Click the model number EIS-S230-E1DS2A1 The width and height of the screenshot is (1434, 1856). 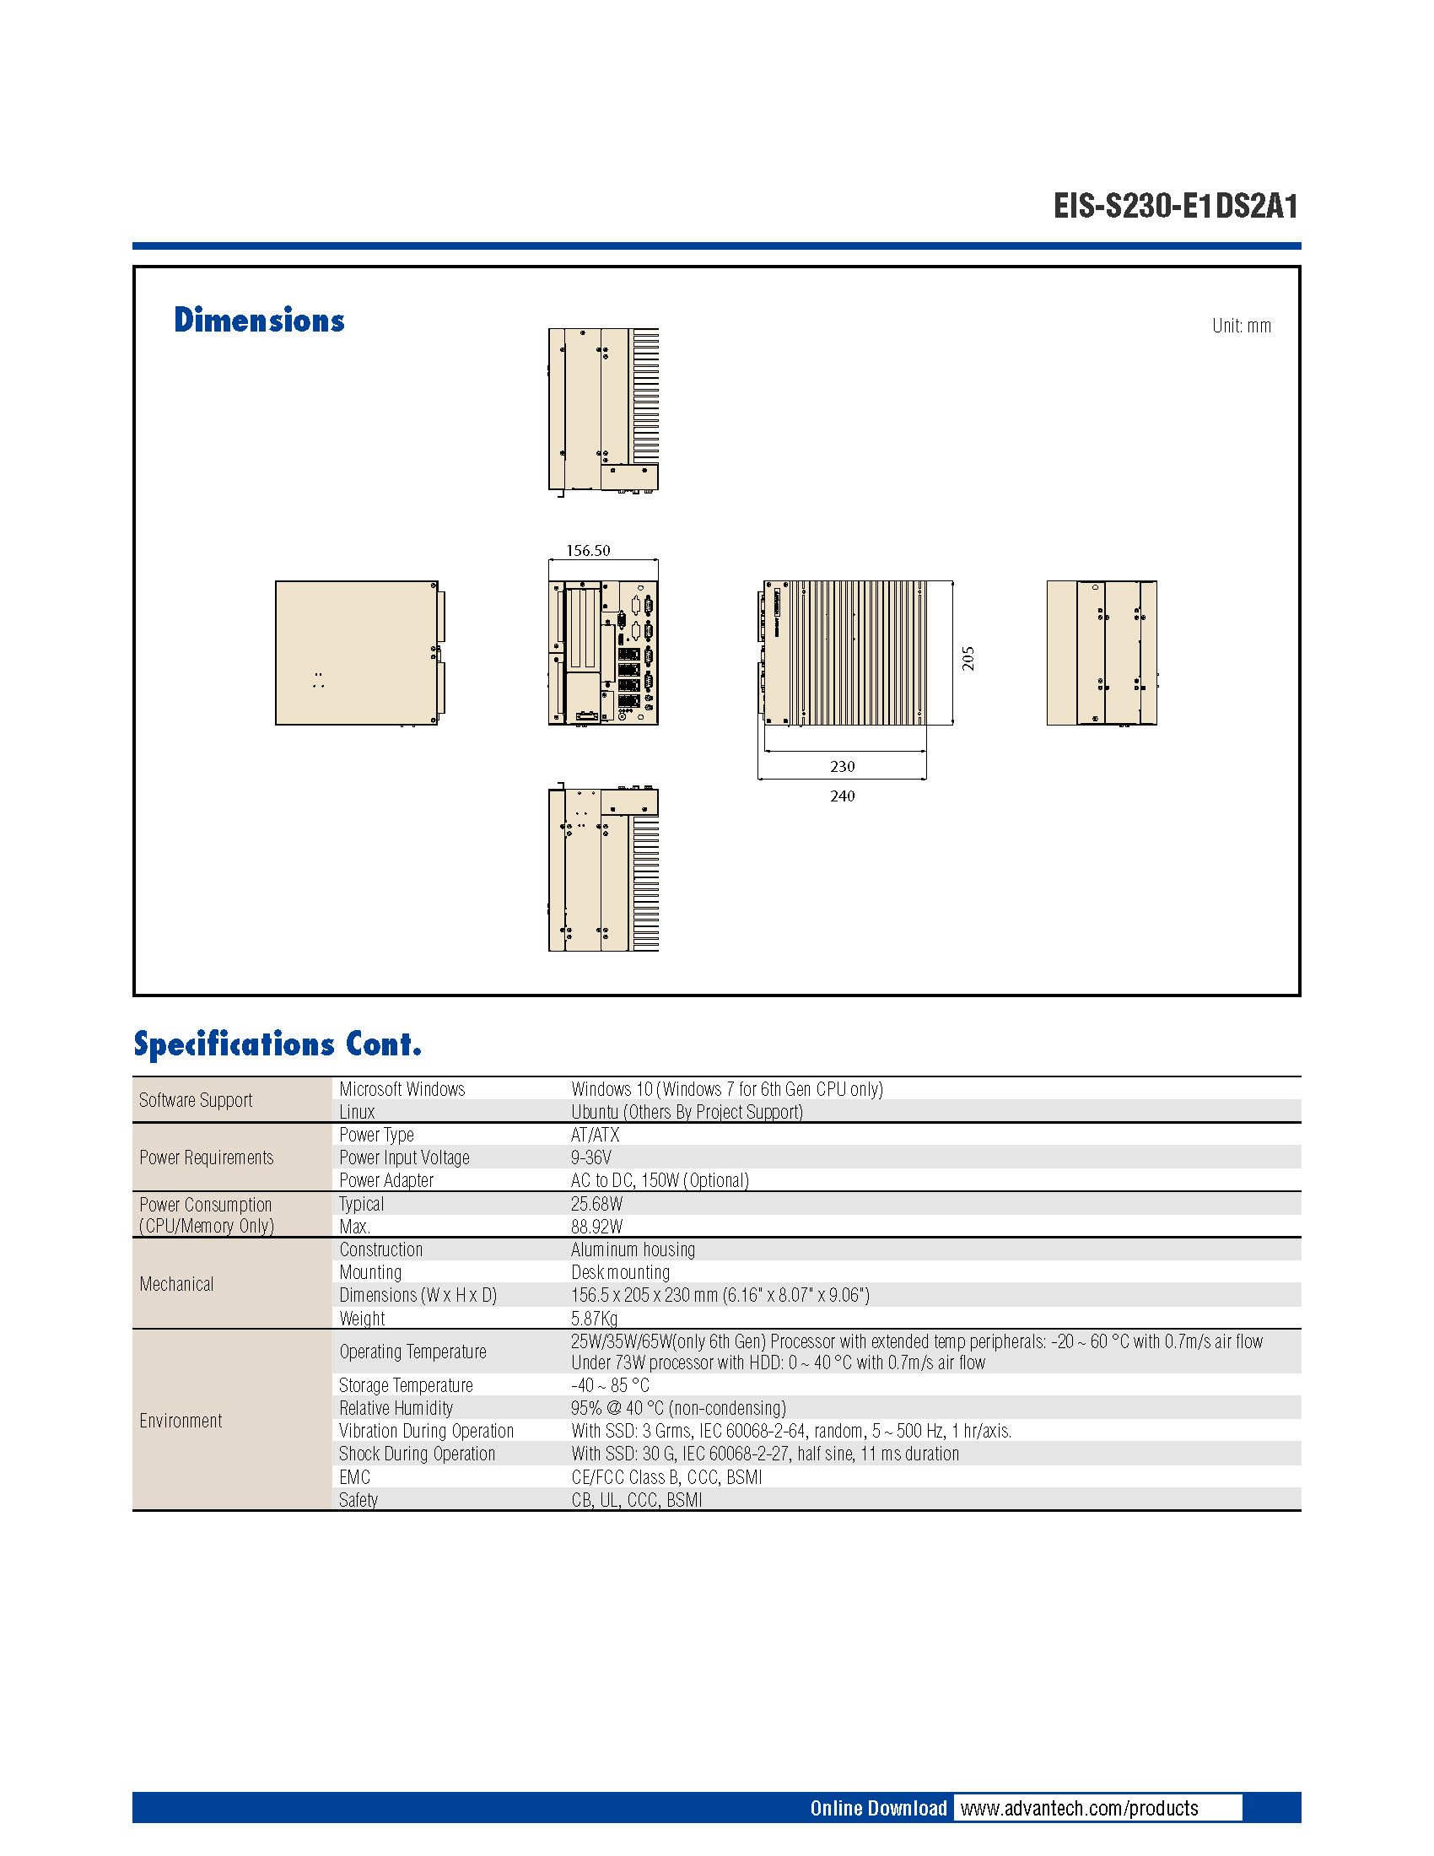point(1175,207)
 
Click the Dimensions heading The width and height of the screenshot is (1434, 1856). point(259,321)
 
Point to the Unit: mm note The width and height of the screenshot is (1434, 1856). point(1241,326)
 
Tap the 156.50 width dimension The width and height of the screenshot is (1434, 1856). point(588,551)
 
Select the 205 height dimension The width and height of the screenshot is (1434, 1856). point(968,659)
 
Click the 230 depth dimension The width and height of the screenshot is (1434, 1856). point(842,767)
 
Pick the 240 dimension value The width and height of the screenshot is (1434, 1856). point(842,796)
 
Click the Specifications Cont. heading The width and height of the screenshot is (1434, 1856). point(277,1044)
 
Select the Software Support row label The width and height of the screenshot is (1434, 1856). point(196,1100)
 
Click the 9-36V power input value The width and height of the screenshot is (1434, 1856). point(591,1157)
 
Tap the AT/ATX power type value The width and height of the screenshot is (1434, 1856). point(595,1135)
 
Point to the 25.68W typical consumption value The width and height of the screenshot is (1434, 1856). point(596,1204)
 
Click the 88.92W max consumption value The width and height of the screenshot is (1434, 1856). point(596,1227)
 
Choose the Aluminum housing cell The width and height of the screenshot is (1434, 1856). point(633,1249)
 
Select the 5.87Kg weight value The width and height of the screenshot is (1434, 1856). point(594,1318)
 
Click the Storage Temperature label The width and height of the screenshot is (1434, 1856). point(405,1385)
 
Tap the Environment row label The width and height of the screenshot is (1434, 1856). point(181,1421)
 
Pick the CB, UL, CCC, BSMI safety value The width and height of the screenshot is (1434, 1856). point(636,1500)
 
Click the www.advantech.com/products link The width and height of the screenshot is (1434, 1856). point(1079,1809)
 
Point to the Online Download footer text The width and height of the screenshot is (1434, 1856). point(877,1809)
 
